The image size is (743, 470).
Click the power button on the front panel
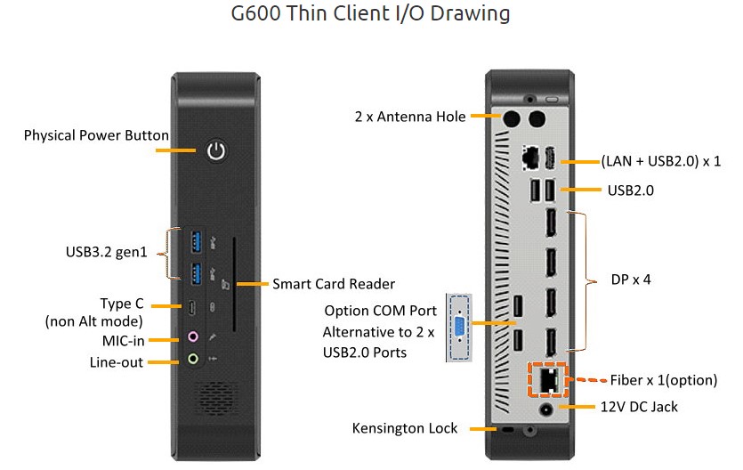click(216, 150)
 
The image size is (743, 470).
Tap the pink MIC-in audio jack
click(195, 338)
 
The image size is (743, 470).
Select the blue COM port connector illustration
click(459, 327)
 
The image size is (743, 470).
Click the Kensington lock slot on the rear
click(508, 430)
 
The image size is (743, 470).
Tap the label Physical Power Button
click(96, 135)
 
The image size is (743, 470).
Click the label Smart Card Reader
click(334, 284)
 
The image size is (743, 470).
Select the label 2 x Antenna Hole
click(410, 117)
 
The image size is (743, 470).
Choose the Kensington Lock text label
click(405, 429)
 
